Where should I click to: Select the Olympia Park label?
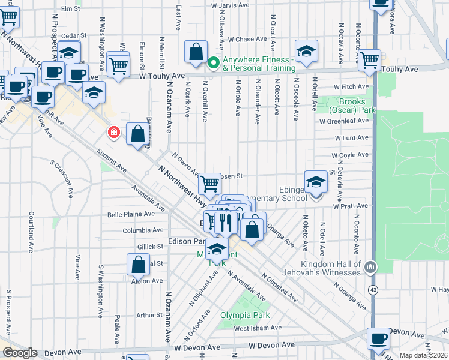point(244,315)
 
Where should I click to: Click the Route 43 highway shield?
point(373,289)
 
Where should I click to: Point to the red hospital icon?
point(112,132)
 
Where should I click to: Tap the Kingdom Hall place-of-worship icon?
point(370,265)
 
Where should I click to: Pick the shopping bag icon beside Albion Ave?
point(138,265)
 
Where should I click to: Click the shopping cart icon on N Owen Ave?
point(209,183)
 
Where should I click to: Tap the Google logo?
point(20,353)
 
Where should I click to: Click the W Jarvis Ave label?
point(230,5)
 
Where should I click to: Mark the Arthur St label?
point(145,314)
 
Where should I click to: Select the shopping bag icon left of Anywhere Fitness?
point(196,53)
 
